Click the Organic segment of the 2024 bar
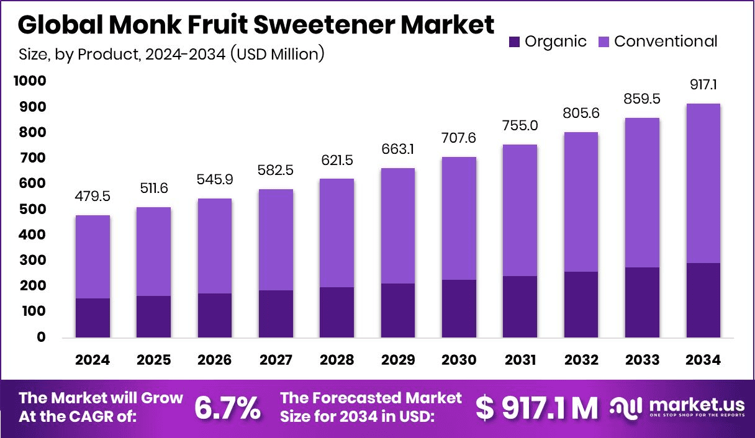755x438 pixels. (x=93, y=318)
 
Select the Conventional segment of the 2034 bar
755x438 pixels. (x=703, y=183)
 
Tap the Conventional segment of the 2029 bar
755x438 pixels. (x=397, y=226)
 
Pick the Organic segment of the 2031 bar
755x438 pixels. (x=520, y=306)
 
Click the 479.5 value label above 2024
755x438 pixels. (x=93, y=196)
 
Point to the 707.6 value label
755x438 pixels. (x=459, y=137)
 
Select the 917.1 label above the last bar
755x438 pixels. (x=703, y=84)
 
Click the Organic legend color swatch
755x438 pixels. (x=515, y=42)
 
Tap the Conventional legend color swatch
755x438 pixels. (x=604, y=42)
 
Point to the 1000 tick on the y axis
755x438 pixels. (x=31, y=81)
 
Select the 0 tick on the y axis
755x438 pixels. (x=41, y=337)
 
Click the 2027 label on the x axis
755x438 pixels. (x=276, y=360)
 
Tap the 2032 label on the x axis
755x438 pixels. (x=581, y=360)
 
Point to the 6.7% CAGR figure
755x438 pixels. (x=227, y=408)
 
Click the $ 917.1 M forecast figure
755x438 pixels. (x=536, y=408)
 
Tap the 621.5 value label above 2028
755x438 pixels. (x=337, y=159)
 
